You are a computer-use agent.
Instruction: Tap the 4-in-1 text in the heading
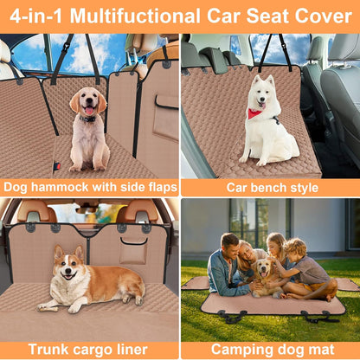pos(39,16)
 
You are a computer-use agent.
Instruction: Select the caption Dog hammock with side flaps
pos(90,186)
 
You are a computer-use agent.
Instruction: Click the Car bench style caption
pos(269,186)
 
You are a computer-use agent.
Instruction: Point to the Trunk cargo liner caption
pos(90,350)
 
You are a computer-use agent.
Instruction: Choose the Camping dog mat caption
pos(269,350)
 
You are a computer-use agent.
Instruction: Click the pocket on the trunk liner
pos(133,250)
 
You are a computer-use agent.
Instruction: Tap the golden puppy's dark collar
pos(88,119)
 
